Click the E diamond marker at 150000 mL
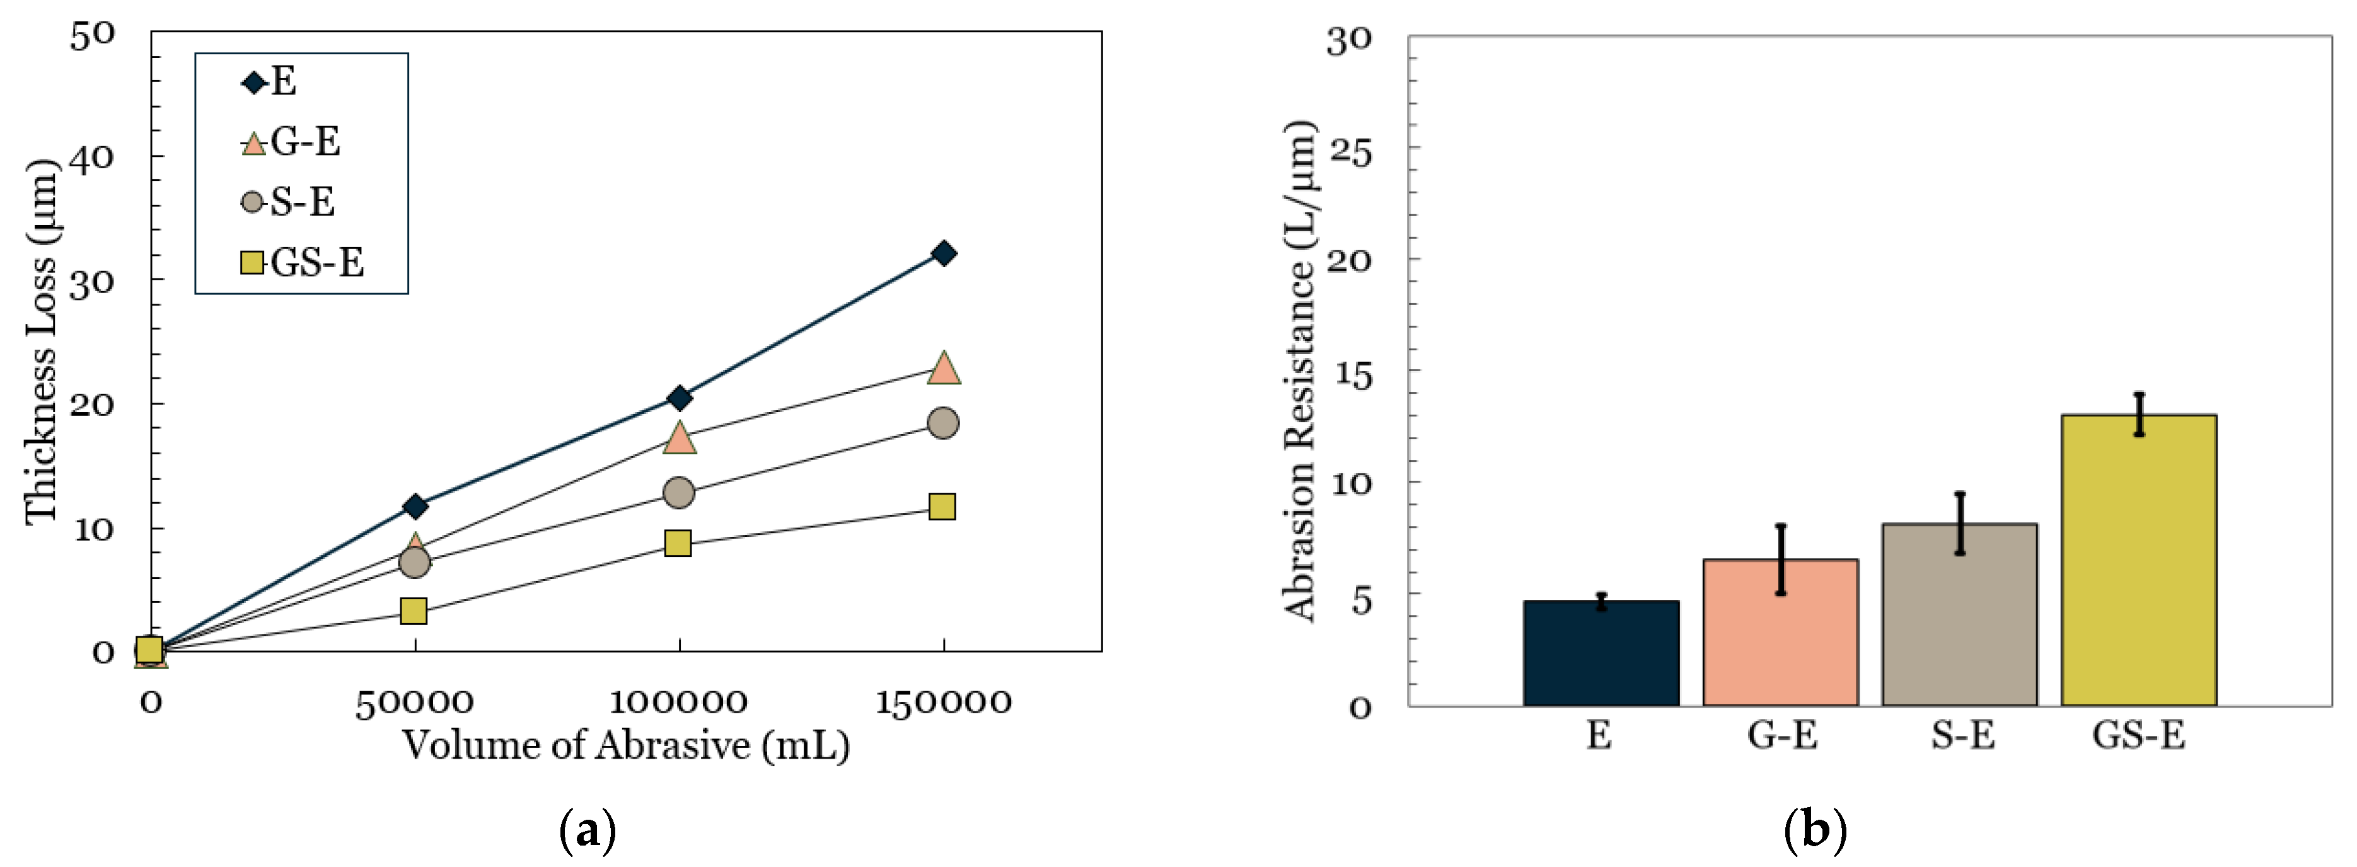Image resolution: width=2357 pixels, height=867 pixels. [x=943, y=253]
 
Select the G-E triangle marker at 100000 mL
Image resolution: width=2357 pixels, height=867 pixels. [x=679, y=438]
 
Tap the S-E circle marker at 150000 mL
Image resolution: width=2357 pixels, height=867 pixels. [x=942, y=423]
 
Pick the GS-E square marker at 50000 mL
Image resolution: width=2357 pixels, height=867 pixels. [x=414, y=610]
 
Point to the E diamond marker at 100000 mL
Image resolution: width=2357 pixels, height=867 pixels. [x=679, y=398]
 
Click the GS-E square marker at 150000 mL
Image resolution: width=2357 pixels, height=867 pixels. [x=942, y=506]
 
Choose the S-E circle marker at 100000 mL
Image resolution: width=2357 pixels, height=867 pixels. [x=678, y=493]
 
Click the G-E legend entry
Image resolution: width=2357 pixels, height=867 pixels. [x=292, y=142]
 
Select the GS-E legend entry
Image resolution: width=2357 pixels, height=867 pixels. [x=303, y=263]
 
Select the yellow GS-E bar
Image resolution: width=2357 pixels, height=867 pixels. [x=2138, y=560]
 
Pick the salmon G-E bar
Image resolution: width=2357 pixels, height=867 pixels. [x=1780, y=632]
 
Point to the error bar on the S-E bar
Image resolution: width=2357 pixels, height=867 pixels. [x=1960, y=523]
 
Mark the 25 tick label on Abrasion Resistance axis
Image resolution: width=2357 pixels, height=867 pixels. [x=1350, y=150]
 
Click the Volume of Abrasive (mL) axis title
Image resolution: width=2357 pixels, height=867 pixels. [x=626, y=745]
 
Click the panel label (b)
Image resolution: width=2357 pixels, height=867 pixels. [x=1816, y=830]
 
